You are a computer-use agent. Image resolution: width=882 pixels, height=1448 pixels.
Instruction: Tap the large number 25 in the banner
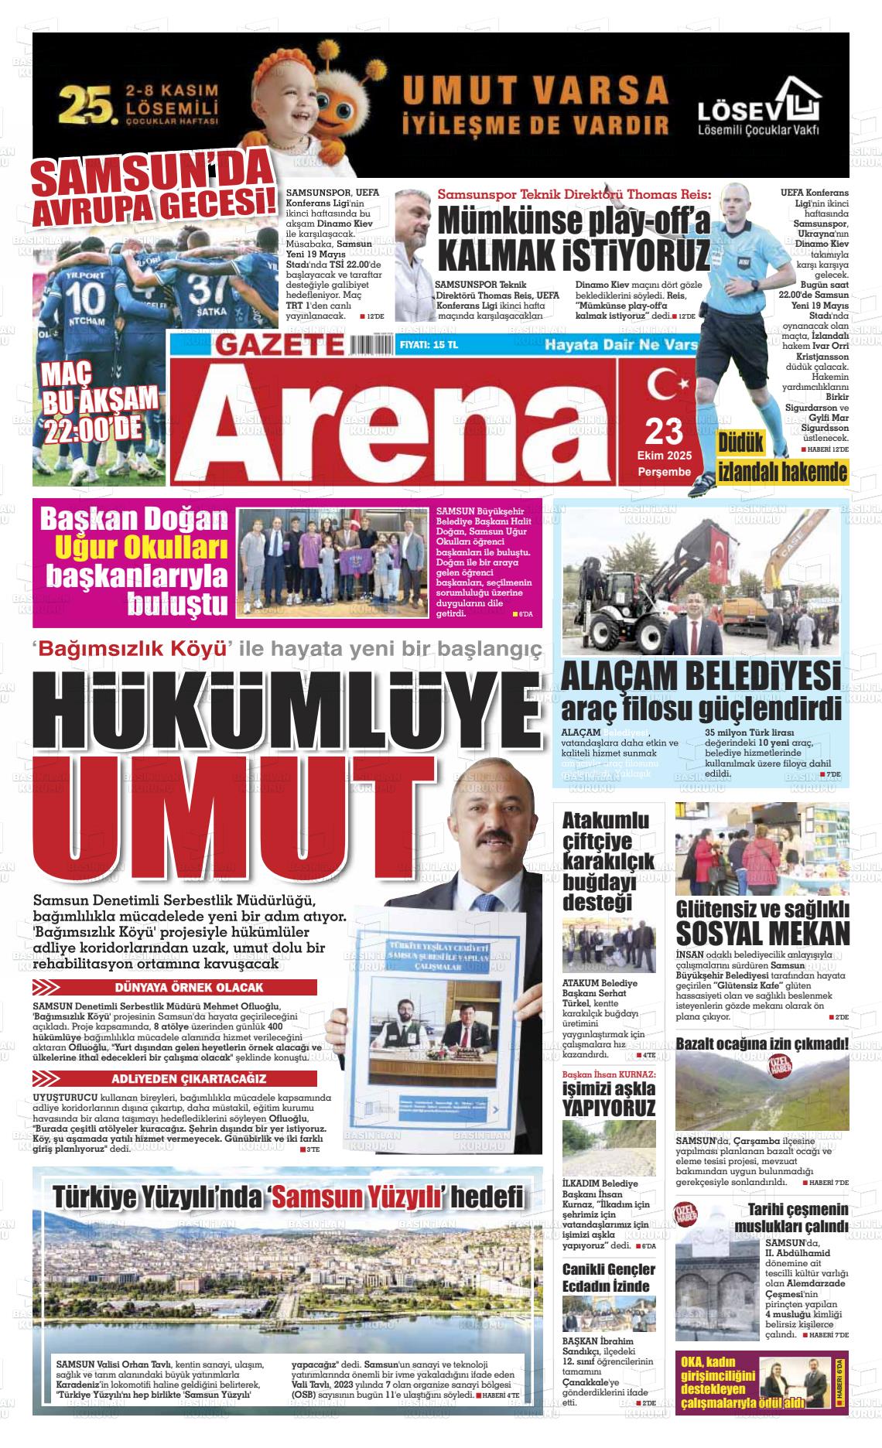tap(88, 104)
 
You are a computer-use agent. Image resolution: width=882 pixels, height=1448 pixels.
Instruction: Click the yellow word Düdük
tap(741, 442)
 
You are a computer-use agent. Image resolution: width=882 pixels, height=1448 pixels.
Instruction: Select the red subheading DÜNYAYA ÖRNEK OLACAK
tap(189, 988)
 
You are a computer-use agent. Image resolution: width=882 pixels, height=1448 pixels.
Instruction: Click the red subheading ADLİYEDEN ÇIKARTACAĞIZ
tap(189, 1079)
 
